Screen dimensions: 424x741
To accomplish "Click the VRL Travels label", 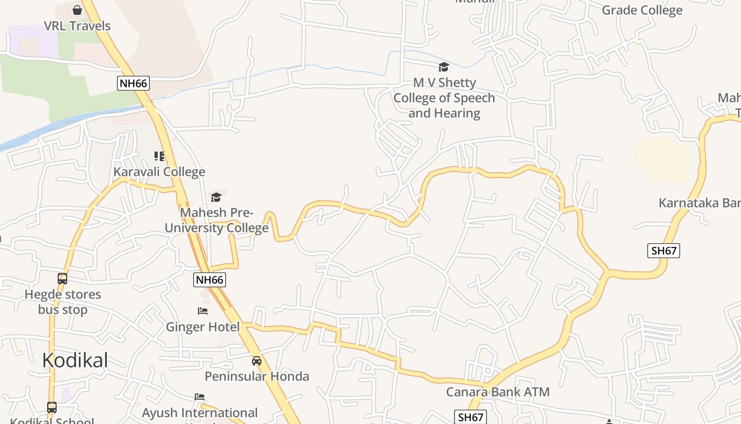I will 77,25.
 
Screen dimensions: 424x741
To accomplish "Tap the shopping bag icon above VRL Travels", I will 77,10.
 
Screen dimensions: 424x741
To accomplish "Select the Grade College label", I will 642,10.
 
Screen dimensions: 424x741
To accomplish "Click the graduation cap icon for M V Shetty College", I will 444,67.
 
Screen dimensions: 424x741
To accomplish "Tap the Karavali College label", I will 159,172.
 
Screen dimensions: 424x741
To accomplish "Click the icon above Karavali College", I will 159,156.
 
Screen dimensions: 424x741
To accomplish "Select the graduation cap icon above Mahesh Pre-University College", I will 216,197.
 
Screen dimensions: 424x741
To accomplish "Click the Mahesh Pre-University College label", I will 216,220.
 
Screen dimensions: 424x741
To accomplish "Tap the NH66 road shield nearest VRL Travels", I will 133,83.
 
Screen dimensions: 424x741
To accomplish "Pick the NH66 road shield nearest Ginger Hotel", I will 210,280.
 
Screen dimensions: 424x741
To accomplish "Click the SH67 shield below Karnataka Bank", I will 664,250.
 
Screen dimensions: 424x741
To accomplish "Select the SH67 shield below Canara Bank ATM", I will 471,417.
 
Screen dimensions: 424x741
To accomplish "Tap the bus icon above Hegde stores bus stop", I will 62,278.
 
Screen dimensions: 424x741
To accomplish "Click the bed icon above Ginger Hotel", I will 203,311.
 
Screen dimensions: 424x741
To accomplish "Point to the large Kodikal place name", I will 75,360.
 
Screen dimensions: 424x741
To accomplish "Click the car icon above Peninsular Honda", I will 257,361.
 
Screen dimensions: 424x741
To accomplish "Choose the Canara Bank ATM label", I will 498,392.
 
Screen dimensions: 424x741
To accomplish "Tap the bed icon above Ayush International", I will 200,396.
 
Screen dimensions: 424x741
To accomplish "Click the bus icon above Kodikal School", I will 52,407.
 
